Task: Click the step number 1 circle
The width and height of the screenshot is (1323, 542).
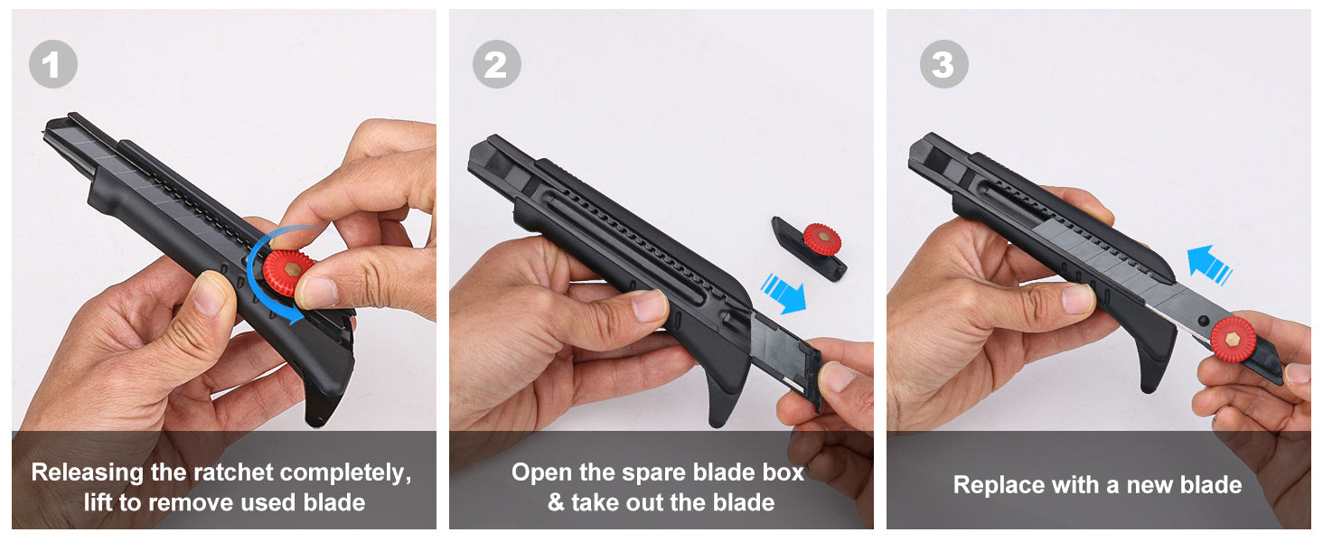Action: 53,64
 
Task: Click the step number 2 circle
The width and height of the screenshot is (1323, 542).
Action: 497,64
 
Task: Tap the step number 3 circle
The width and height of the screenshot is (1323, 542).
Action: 943,64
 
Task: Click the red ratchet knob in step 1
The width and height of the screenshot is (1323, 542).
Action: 287,272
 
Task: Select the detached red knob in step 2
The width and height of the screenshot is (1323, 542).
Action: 821,239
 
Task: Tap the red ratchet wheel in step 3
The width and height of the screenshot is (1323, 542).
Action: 1234,340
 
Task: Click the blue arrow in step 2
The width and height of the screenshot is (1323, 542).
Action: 783,293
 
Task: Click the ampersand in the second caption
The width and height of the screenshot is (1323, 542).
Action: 556,502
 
